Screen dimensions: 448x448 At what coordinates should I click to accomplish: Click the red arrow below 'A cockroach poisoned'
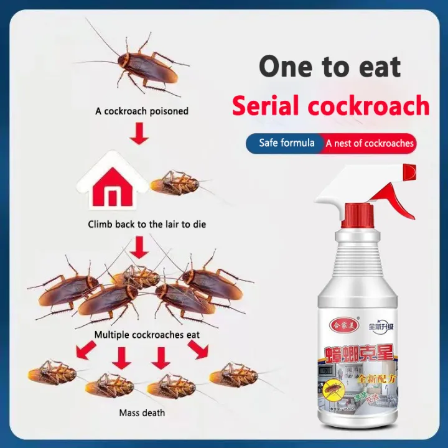tap(139, 133)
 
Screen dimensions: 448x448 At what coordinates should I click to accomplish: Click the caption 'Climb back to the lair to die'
tap(147, 224)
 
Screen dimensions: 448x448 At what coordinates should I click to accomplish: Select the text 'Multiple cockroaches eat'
tap(147, 335)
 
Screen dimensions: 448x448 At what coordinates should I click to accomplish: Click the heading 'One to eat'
tap(330, 66)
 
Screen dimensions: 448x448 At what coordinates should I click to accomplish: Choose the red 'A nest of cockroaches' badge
tap(369, 144)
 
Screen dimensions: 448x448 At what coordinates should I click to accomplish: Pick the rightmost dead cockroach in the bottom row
tap(236, 375)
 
